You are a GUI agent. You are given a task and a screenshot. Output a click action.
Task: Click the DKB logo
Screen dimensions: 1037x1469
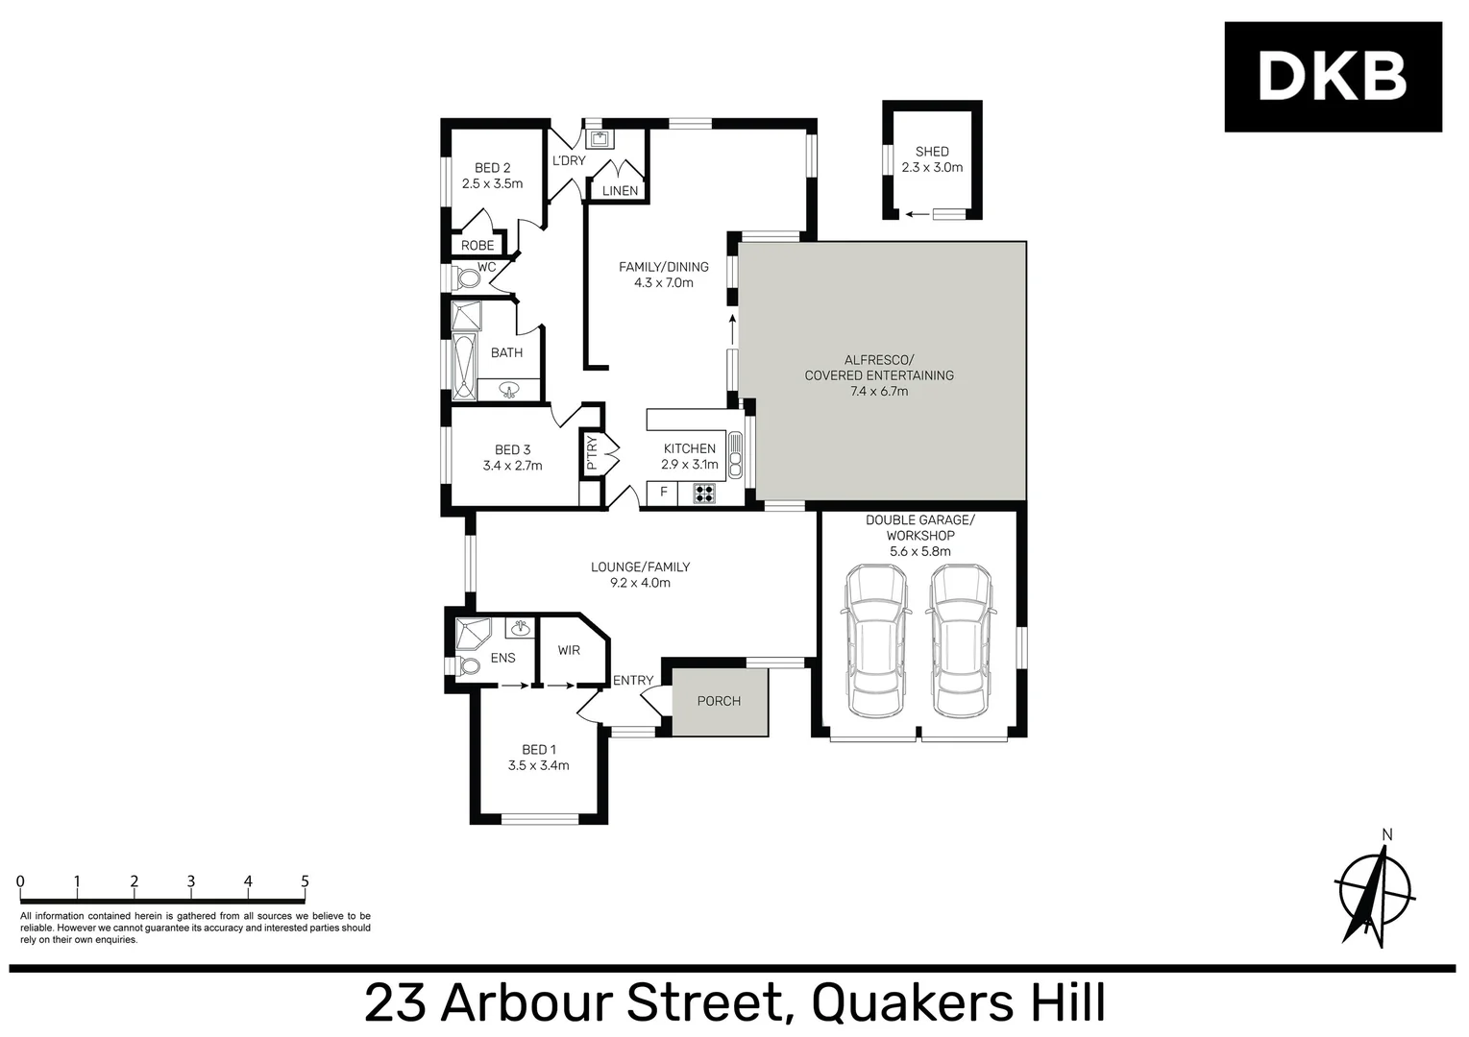(1332, 77)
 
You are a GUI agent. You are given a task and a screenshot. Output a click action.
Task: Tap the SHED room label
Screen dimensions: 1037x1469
(931, 152)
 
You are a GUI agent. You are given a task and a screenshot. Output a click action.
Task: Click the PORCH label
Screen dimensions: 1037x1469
(719, 701)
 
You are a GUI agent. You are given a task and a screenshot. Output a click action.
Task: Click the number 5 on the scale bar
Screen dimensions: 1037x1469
(305, 881)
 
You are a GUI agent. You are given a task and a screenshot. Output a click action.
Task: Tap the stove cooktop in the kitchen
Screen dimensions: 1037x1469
(704, 494)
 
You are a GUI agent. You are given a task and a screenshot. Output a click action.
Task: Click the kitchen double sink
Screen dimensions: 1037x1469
(736, 455)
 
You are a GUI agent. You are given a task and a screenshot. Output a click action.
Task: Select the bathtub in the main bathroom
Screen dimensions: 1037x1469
(464, 366)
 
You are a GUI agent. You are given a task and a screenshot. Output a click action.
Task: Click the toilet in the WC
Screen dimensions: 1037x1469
(467, 278)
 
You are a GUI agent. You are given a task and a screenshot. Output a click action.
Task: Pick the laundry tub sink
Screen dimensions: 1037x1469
(600, 140)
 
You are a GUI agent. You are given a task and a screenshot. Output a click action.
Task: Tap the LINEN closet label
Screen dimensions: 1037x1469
(620, 191)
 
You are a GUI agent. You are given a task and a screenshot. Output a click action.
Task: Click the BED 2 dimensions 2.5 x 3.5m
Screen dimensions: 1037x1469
(492, 183)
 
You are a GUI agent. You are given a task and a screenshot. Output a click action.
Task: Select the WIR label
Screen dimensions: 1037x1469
(569, 650)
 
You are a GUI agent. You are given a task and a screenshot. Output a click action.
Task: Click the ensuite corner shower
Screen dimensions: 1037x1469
(472, 634)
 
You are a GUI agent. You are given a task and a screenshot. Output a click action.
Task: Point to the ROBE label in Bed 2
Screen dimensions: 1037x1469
(477, 246)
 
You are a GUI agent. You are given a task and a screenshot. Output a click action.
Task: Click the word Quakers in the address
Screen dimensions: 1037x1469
(903, 1002)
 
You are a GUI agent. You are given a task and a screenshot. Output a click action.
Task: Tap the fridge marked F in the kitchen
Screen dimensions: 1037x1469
(663, 494)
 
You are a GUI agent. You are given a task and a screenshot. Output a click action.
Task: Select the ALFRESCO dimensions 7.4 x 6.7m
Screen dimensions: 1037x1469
(878, 391)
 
